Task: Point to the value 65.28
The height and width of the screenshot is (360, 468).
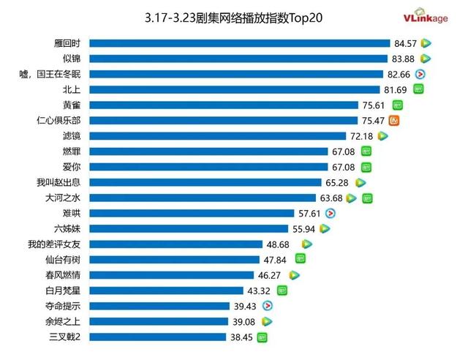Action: [338, 182]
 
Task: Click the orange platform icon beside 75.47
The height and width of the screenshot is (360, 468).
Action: [394, 120]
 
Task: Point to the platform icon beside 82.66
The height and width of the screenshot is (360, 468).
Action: [420, 74]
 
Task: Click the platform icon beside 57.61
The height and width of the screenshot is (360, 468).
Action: [331, 213]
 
